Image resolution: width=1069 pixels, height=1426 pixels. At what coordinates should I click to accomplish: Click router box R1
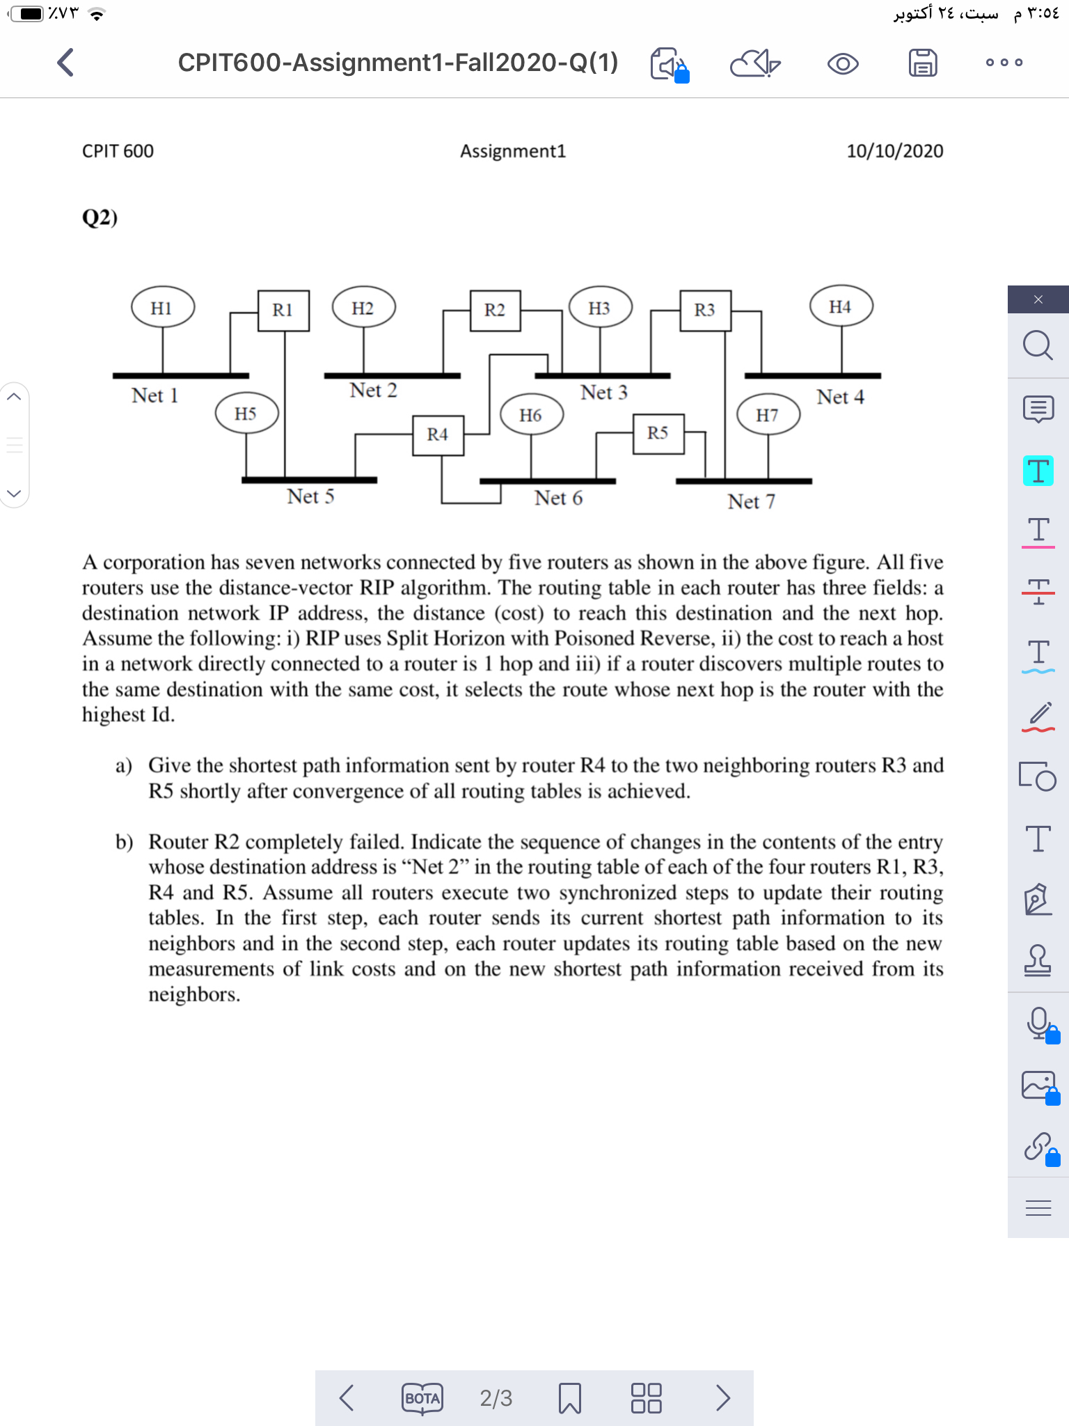[x=283, y=310]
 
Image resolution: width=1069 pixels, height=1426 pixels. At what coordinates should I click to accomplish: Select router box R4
[x=438, y=435]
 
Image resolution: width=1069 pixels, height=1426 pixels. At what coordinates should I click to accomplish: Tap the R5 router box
[x=658, y=433]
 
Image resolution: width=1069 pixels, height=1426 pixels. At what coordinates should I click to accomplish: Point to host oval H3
[x=599, y=308]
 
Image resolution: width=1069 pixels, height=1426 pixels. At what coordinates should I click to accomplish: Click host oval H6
[x=531, y=415]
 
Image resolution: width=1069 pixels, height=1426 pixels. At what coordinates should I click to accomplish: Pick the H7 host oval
[x=768, y=415]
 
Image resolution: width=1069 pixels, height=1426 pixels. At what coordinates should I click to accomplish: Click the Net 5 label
[x=310, y=496]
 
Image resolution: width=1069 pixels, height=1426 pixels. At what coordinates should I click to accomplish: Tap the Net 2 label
[x=373, y=391]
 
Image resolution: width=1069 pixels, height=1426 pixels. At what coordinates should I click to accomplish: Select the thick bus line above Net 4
[x=812, y=375]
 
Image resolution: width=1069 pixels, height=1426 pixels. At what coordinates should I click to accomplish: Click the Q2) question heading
[x=100, y=218]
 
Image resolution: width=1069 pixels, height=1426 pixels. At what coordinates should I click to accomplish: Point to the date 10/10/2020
[x=894, y=151]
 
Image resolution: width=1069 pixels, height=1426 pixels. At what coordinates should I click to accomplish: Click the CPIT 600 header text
[x=118, y=151]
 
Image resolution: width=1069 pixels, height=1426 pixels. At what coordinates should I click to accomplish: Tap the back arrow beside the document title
[x=65, y=63]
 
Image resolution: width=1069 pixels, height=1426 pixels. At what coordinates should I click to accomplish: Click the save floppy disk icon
[x=923, y=63]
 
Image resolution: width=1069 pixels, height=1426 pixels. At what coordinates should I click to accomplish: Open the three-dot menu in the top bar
[x=1004, y=63]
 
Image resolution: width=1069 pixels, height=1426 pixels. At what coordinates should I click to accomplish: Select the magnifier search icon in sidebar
[x=1037, y=345]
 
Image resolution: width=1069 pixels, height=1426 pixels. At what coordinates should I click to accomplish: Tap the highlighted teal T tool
[x=1038, y=471]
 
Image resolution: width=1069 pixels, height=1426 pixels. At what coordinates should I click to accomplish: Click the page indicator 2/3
[x=496, y=1398]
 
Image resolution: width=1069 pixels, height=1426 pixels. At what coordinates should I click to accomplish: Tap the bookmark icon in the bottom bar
[x=569, y=1398]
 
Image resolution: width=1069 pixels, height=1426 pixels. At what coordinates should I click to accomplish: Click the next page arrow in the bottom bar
[x=723, y=1397]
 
